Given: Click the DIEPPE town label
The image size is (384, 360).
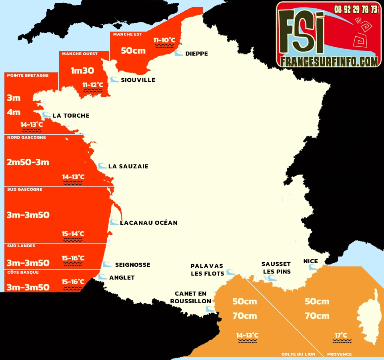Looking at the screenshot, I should point(196,54).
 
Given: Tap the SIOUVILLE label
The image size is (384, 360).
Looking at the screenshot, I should point(138,80).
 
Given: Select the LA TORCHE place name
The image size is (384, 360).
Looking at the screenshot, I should point(71,116).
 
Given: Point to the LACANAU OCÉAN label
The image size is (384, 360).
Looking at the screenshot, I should point(148,223).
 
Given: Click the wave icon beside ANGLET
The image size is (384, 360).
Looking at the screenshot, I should point(102,277).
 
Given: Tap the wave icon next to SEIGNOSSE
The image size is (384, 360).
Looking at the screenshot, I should point(107,264).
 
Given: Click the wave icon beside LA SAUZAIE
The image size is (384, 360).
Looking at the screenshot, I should point(102,166).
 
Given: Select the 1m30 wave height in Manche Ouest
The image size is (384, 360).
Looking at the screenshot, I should point(82,70).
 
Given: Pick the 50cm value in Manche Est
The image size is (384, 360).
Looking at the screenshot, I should point(133,51).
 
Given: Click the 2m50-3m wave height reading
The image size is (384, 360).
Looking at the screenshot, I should point(28,162).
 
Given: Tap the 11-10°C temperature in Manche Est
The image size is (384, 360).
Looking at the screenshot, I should point(164,40).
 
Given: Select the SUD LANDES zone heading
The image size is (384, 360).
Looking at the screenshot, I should point(21,246).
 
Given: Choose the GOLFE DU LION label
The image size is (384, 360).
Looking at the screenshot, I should point(298,354).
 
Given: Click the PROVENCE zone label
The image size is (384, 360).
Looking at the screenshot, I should point(339,354).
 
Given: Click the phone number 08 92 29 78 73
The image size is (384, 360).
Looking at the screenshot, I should point(356,9).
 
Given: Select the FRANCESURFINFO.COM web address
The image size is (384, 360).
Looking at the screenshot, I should point(329,61).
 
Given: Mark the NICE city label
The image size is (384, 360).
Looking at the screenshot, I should point(310,261).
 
